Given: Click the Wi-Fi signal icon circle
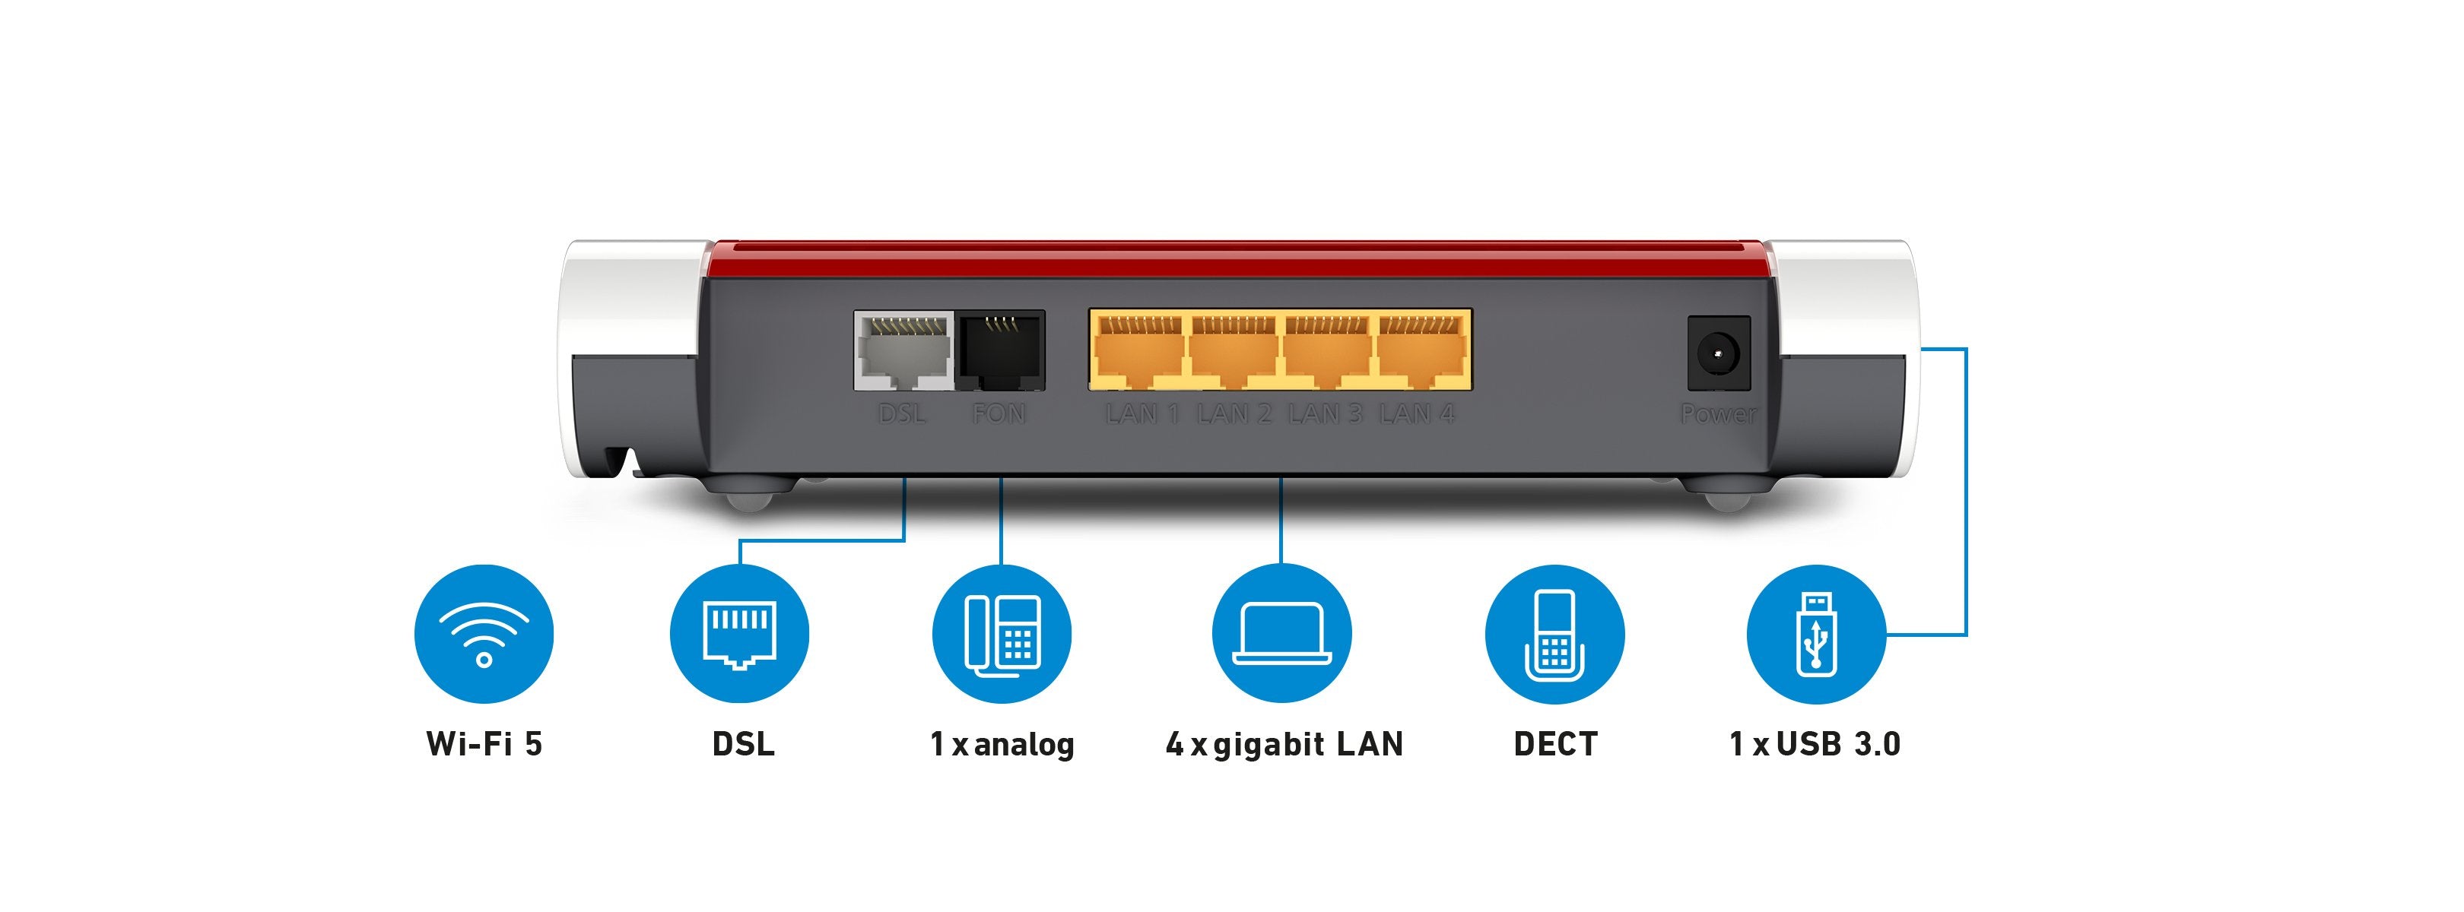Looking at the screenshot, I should click(x=484, y=634).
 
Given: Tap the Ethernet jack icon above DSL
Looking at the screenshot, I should click(x=739, y=634).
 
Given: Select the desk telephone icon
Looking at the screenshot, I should click(x=1002, y=634).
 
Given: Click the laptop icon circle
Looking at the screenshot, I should click(x=1281, y=634).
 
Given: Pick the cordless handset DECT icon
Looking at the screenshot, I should click(x=1554, y=634).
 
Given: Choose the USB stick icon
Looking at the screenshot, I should click(x=1815, y=634).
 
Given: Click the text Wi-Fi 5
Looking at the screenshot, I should click(x=484, y=744).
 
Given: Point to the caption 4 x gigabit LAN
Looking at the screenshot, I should click(x=1284, y=744).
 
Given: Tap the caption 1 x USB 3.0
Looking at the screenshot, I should click(x=1815, y=744).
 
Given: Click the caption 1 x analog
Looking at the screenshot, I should click(x=1002, y=744).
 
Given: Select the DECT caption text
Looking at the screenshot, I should click(x=1554, y=744).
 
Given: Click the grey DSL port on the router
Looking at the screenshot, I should click(x=903, y=351).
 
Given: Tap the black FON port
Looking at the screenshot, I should click(x=1001, y=351).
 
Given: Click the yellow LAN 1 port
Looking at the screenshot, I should click(x=1137, y=352).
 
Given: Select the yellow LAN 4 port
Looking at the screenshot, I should click(x=1421, y=352).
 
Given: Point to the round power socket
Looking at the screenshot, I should click(x=1718, y=353).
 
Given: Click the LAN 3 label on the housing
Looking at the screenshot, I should click(x=1325, y=414).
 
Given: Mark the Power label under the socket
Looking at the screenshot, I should click(x=1718, y=414).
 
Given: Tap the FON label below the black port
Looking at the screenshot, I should click(x=999, y=414).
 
